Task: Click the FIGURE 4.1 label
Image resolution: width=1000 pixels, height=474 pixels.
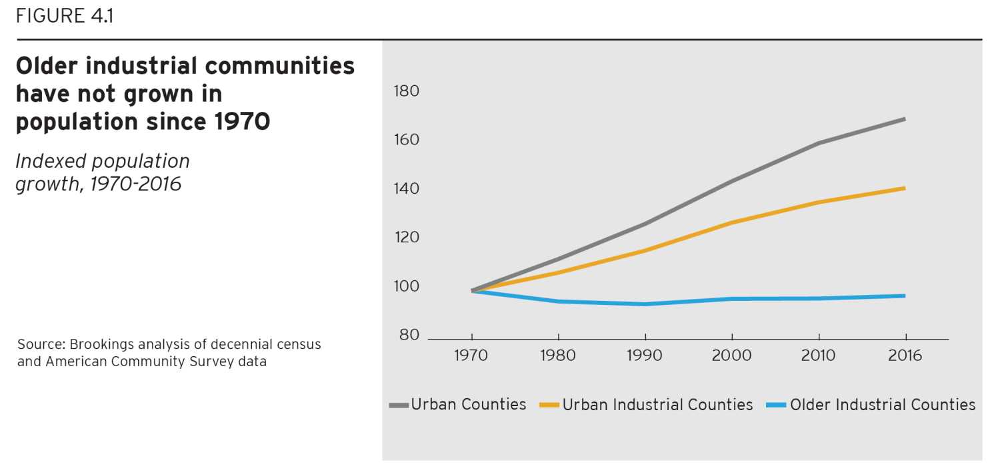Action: pos(64,15)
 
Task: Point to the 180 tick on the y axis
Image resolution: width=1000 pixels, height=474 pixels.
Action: pos(407,91)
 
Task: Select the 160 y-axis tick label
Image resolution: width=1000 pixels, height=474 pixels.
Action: pos(407,140)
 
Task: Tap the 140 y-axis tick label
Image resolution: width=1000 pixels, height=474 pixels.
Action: pos(407,189)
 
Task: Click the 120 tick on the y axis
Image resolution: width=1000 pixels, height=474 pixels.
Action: pos(407,238)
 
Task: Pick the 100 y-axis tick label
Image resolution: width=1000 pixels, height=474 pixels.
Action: pos(407,287)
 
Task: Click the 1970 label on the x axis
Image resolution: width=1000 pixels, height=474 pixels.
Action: pos(471,355)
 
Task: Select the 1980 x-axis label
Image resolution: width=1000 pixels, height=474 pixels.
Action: pos(558,355)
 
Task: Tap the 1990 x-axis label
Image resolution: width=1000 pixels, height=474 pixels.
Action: pos(645,355)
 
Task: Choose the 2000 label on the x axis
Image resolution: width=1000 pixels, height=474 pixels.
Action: pos(731,355)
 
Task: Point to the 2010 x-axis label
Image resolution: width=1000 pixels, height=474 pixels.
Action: pos(818,355)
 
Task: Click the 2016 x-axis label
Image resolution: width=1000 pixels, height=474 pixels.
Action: pos(905,355)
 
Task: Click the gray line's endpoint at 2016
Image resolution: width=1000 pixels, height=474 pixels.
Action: pos(905,119)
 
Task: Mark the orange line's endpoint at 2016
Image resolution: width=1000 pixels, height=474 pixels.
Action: pos(905,188)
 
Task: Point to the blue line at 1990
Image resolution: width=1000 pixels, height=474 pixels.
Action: pos(645,304)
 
